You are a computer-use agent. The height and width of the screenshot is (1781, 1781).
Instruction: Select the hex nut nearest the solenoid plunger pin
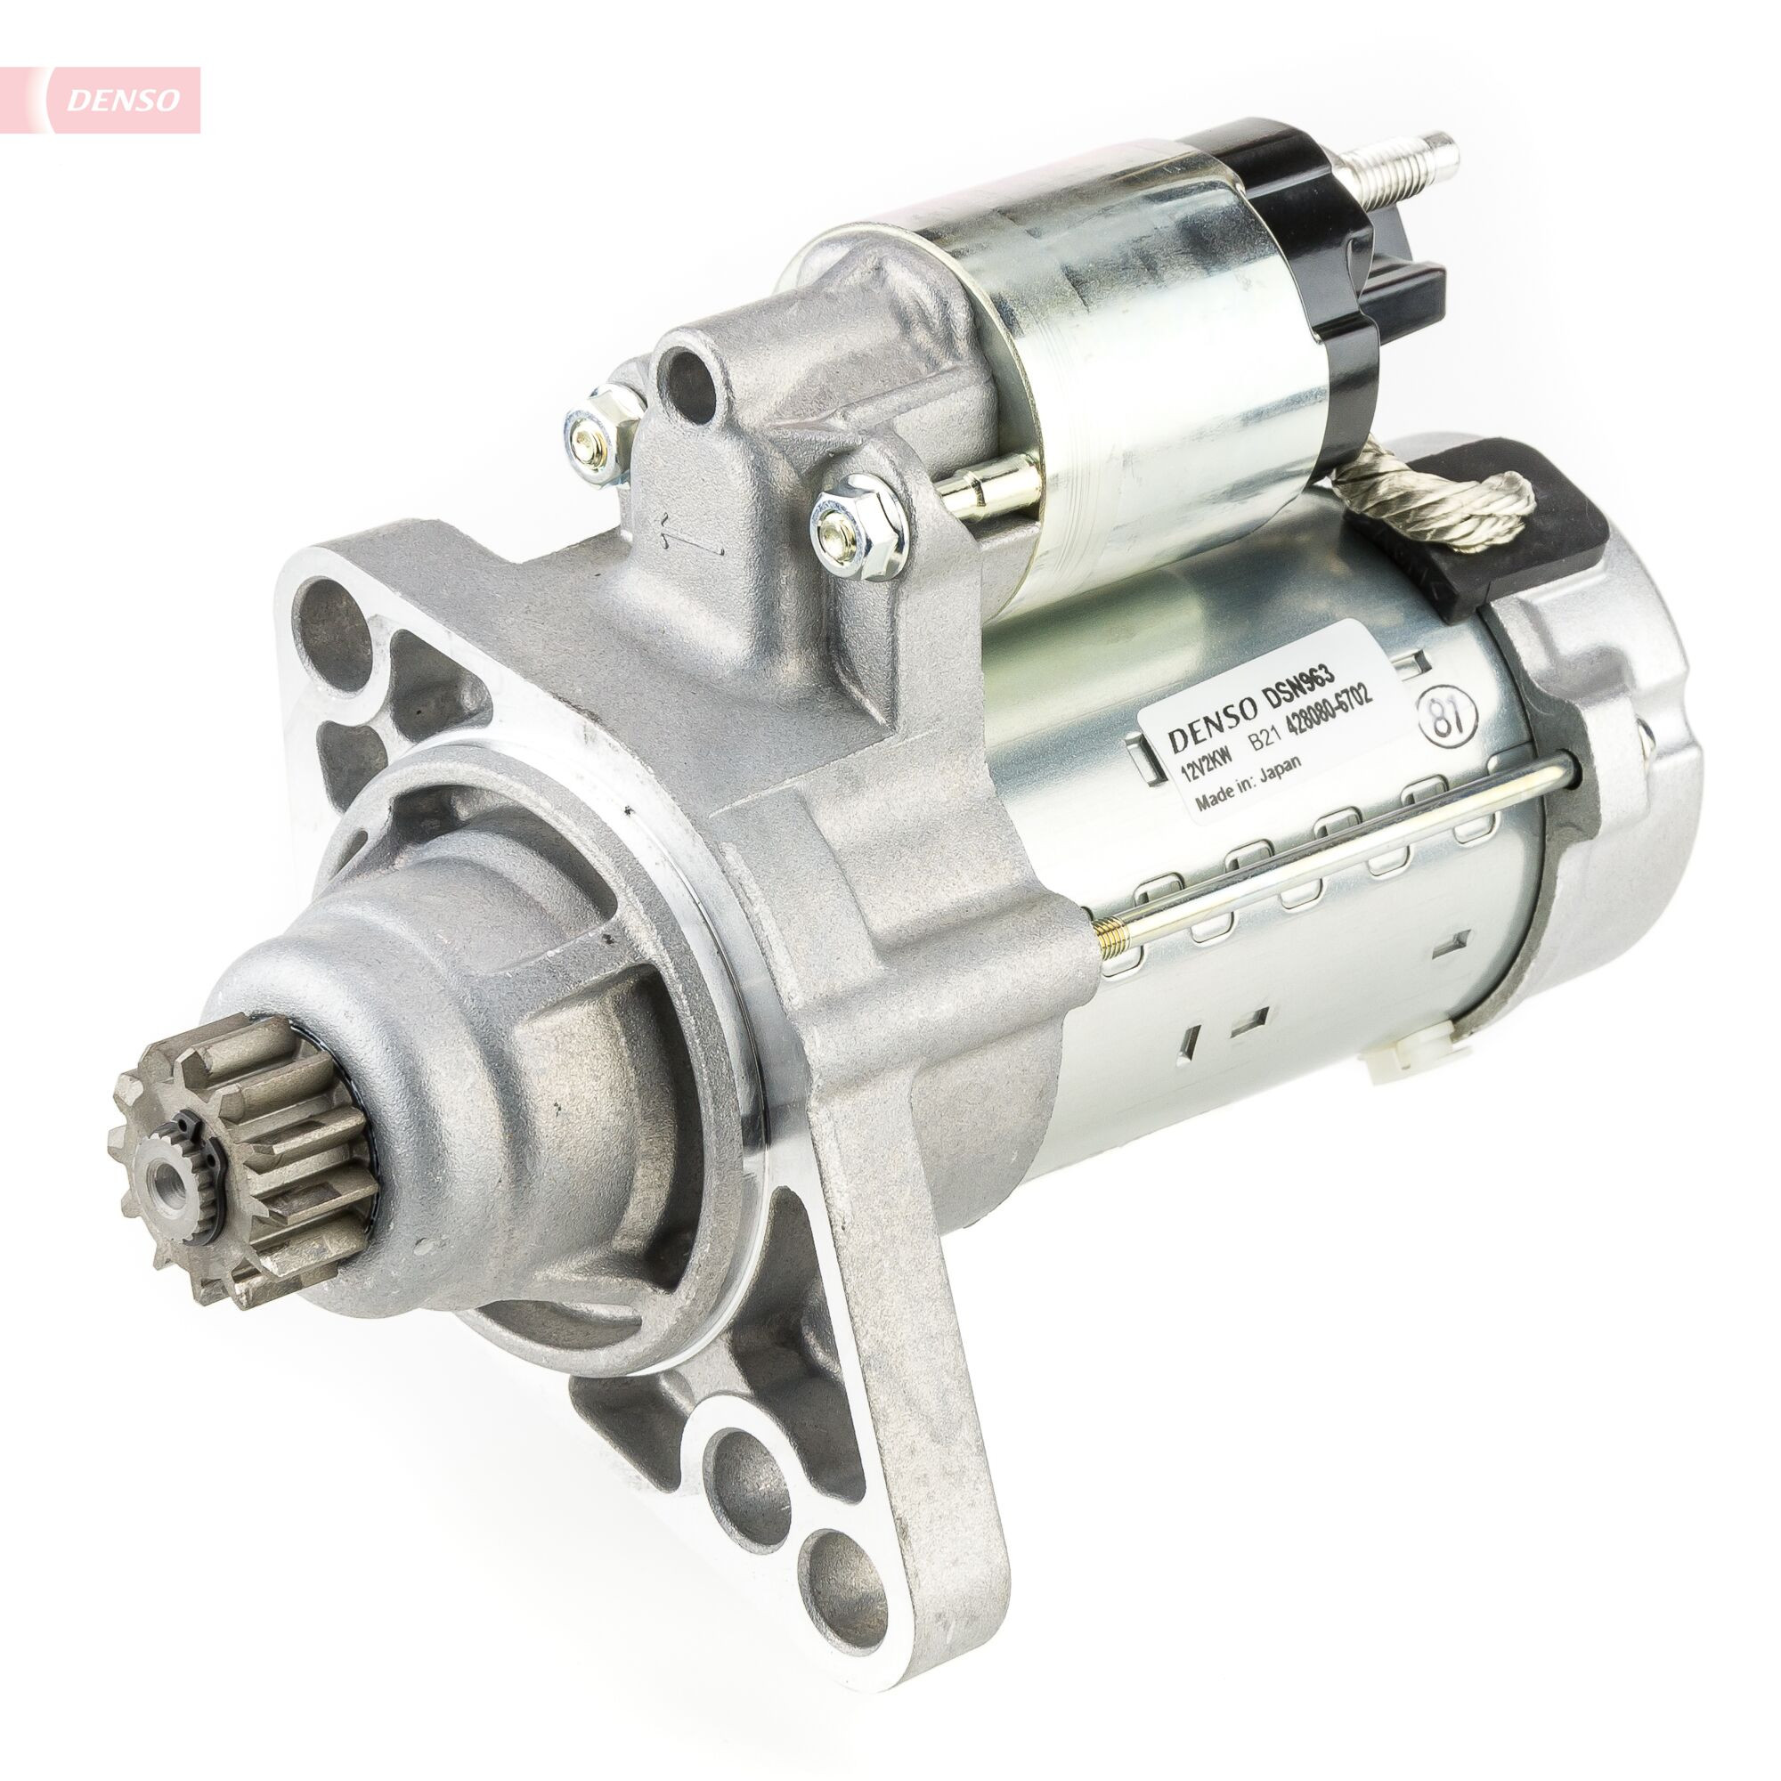(858, 529)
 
